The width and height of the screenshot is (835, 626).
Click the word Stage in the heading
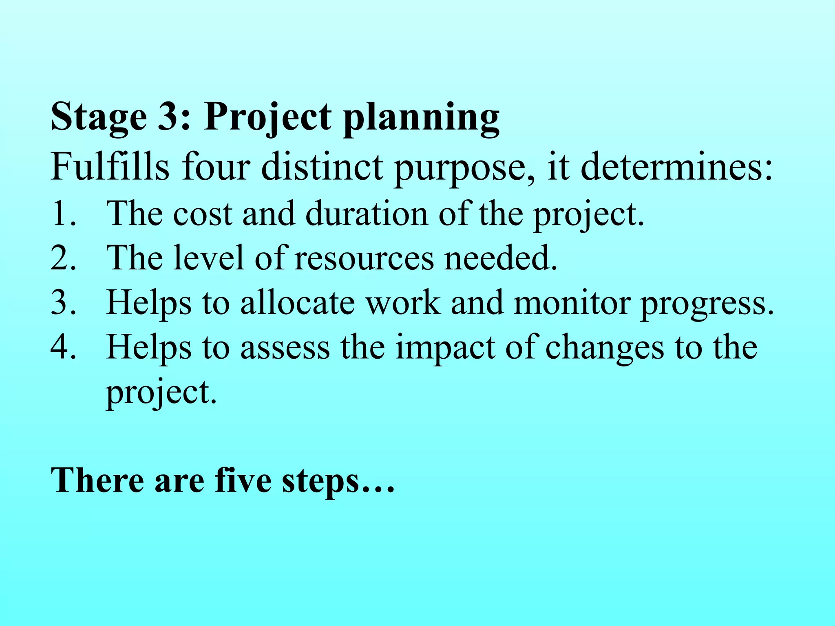pyautogui.click(x=98, y=117)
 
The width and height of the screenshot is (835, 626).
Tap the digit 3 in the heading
pyautogui.click(x=169, y=117)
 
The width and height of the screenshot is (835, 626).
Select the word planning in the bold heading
pyautogui.click(x=421, y=118)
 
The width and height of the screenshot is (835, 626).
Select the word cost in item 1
pyautogui.click(x=203, y=214)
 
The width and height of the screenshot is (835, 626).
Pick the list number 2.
pyautogui.click(x=63, y=258)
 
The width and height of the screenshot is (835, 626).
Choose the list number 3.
pyautogui.click(x=63, y=303)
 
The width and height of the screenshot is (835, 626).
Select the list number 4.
pyautogui.click(x=63, y=347)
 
